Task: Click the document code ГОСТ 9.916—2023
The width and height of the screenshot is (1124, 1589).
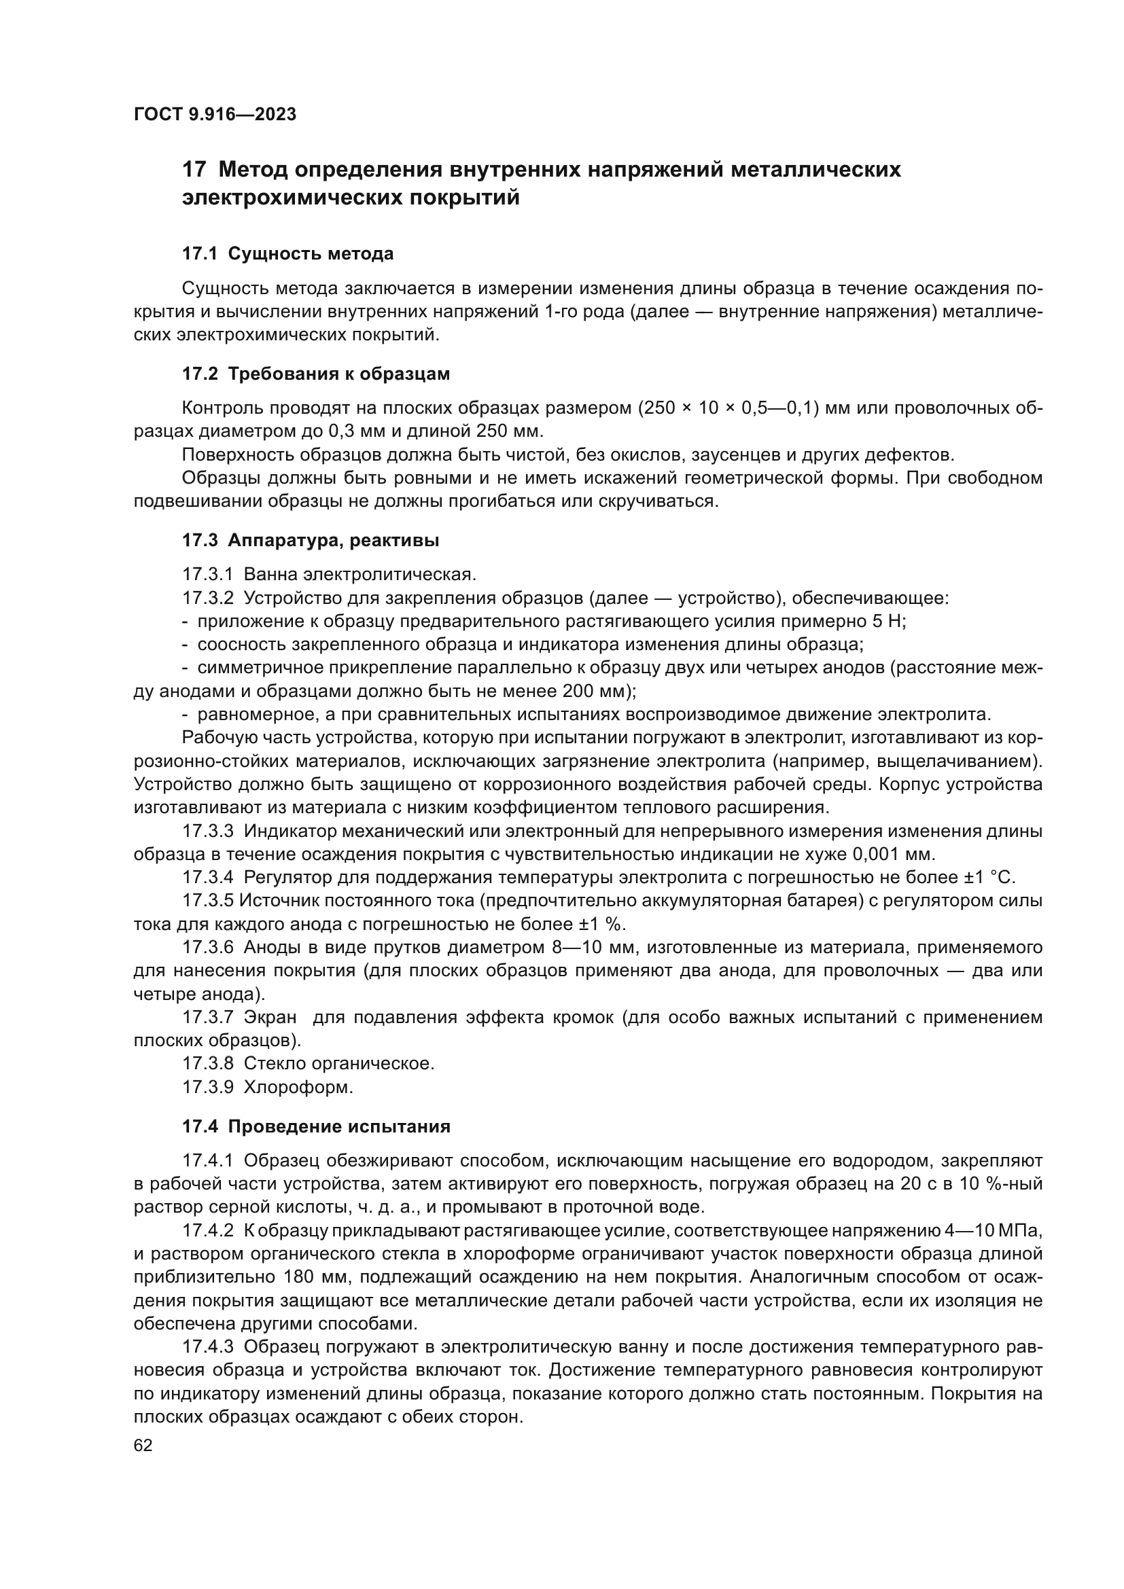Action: click(215, 114)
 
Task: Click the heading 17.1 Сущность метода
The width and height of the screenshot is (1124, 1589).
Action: click(287, 254)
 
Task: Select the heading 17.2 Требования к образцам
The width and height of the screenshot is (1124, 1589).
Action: click(315, 374)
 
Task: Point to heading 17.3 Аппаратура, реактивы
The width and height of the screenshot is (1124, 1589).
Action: click(310, 541)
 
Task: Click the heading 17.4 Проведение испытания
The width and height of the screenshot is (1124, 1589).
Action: click(315, 1126)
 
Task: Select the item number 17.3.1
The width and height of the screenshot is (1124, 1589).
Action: click(208, 575)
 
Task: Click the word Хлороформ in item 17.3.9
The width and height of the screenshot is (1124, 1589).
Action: click(298, 1087)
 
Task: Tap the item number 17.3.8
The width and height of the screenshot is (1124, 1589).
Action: click(208, 1064)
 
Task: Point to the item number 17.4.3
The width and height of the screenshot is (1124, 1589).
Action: click(208, 1347)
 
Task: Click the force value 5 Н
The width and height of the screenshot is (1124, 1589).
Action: click(890, 622)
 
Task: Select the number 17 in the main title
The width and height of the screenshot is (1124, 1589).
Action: click(193, 171)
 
